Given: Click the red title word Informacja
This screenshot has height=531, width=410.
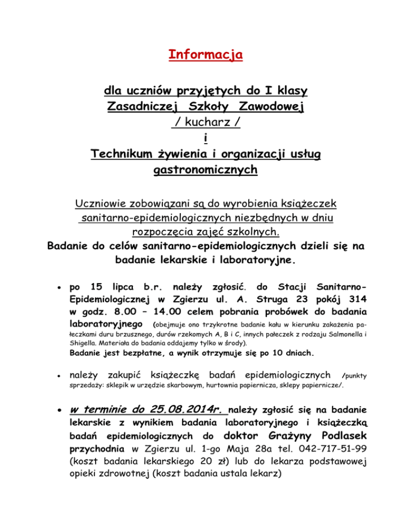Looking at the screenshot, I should pyautogui.click(x=205, y=54).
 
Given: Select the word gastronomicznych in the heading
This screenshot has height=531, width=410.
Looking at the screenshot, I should pyautogui.click(x=205, y=170).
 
